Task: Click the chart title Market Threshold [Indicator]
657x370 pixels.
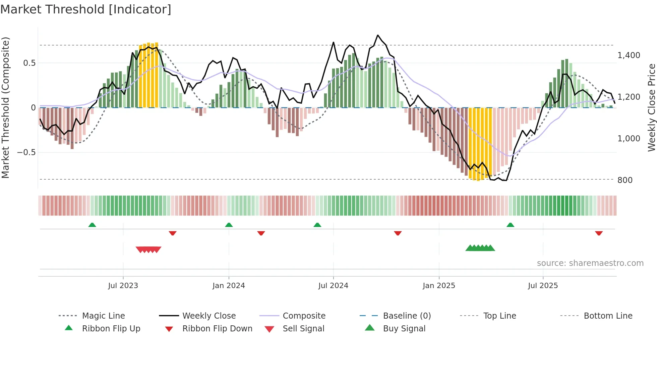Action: click(x=86, y=9)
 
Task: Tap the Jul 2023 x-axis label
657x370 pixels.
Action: click(x=123, y=286)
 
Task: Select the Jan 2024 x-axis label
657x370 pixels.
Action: click(x=229, y=286)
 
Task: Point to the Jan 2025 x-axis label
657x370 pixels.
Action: click(x=439, y=286)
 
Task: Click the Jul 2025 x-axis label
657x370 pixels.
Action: click(x=543, y=286)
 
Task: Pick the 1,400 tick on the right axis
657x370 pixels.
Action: click(x=629, y=55)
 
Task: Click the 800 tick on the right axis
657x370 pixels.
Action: click(x=625, y=180)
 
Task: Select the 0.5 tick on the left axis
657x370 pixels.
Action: click(x=29, y=63)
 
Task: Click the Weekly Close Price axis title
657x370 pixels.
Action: click(x=651, y=107)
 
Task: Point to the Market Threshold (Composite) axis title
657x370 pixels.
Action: click(x=5, y=107)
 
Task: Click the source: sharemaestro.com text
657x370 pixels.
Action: click(x=590, y=263)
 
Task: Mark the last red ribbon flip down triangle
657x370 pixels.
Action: click(x=599, y=233)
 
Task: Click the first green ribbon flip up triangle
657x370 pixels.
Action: click(x=92, y=225)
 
